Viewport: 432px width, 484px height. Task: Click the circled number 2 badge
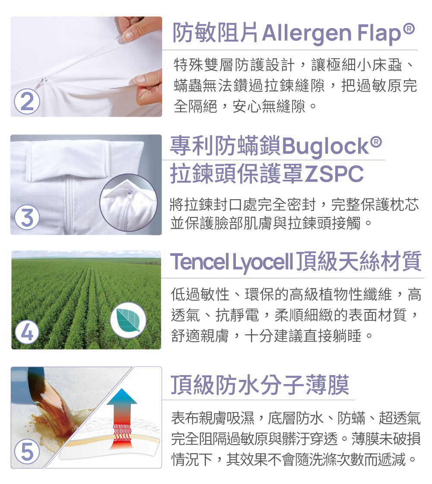(x=27, y=102)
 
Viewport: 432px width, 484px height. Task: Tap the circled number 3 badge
(x=27, y=217)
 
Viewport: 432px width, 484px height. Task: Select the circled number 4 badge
(x=27, y=332)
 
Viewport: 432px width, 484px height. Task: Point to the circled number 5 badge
(x=27, y=452)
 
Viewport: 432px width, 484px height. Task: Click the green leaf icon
(x=128, y=320)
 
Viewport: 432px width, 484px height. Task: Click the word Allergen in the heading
(x=307, y=33)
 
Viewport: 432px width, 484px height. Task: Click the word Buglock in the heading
(x=325, y=146)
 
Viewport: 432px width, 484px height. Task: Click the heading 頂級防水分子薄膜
(x=260, y=385)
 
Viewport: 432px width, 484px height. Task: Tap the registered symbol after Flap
(x=409, y=29)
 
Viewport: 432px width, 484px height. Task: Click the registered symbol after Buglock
(x=376, y=142)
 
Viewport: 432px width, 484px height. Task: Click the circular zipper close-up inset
(x=128, y=203)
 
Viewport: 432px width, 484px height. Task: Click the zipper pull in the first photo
(x=45, y=80)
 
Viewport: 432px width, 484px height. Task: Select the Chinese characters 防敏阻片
(x=216, y=33)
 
